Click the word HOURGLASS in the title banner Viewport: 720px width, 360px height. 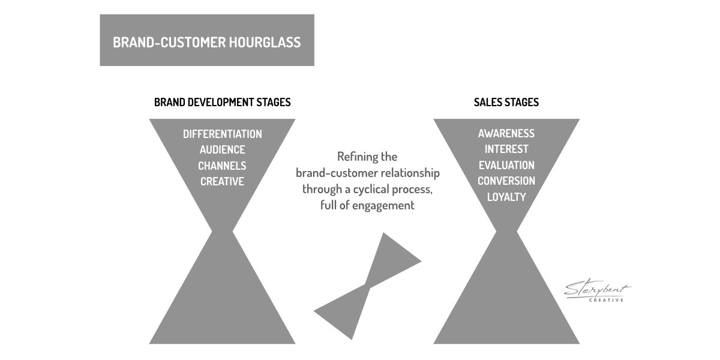(265, 43)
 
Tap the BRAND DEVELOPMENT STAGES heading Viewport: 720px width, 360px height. (223, 102)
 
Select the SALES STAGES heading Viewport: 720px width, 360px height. (506, 102)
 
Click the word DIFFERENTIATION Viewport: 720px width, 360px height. (223, 134)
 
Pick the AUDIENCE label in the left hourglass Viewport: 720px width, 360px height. (223, 150)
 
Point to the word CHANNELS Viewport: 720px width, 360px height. (222, 166)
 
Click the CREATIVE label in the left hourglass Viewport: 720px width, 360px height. (222, 182)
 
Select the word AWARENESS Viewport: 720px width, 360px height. (506, 133)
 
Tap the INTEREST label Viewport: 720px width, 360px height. (506, 149)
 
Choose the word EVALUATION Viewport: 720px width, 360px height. (506, 165)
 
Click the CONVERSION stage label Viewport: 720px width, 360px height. (506, 181)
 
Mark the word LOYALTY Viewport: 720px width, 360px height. (506, 197)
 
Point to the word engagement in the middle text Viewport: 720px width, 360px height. (383, 206)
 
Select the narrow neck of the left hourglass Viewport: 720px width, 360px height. (222, 231)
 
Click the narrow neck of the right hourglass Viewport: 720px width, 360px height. (506, 231)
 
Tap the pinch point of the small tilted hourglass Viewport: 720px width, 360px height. (367, 286)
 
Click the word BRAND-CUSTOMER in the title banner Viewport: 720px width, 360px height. (169, 43)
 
